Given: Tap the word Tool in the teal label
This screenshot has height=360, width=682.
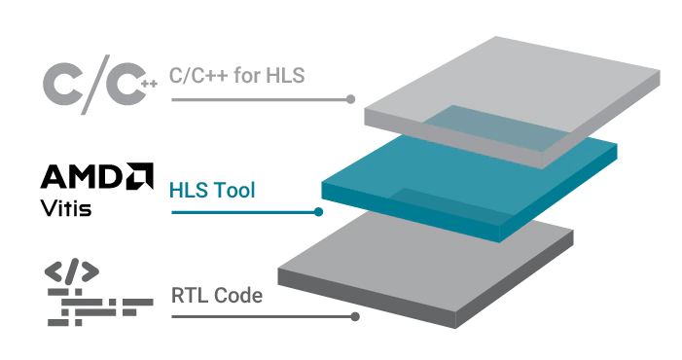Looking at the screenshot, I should [x=233, y=191].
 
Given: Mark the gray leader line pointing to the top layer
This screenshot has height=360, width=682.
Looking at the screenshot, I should [x=263, y=99].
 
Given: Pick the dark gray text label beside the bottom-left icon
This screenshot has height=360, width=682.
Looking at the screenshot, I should [x=216, y=290].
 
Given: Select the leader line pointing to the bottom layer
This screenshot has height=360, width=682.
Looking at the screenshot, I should [x=263, y=314].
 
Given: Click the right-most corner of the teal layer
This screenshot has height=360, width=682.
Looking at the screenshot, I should [x=623, y=148].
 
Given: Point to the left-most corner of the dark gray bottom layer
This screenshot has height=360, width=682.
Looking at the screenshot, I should [x=279, y=265].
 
